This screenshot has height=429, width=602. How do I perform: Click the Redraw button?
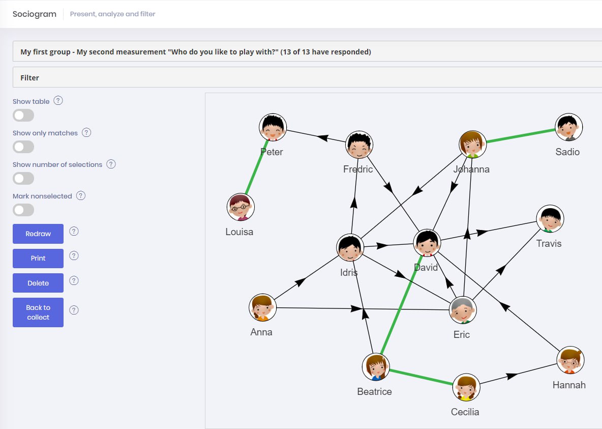pos(38,234)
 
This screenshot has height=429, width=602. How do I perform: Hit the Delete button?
pos(38,283)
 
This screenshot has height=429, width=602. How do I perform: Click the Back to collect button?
pos(38,312)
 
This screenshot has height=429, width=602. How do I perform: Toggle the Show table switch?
pos(23,116)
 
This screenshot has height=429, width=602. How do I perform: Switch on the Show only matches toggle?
pos(23,147)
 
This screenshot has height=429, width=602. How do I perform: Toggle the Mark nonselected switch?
pos(23,210)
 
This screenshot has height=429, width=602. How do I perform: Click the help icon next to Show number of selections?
pos(111,164)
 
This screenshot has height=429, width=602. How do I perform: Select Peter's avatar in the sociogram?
pos(273,127)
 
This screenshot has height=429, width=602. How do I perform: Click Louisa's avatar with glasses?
pos(240,207)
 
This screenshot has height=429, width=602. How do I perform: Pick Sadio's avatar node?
pos(568,127)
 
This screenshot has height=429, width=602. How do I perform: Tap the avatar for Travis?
pos(550,219)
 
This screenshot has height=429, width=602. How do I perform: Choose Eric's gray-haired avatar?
pos(463,310)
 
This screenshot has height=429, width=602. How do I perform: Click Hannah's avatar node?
pos(570,360)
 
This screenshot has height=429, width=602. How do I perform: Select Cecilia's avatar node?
pos(466,387)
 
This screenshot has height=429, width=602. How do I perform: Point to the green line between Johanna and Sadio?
pos(521,136)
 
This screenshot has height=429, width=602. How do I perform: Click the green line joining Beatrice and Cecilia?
pos(421,377)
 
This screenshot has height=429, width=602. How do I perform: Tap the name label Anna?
pos(261,332)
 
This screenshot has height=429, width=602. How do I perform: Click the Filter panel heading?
pos(29,78)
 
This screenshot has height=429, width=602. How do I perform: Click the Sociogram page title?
pos(35,14)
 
